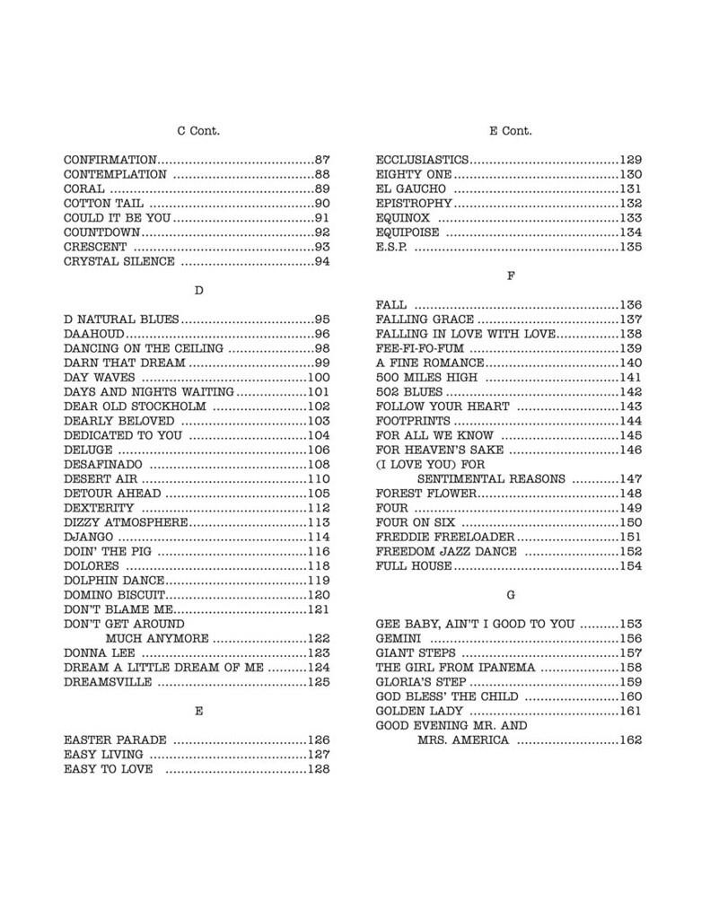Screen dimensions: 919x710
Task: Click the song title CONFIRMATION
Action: (110, 160)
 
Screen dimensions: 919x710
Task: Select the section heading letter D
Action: (198, 291)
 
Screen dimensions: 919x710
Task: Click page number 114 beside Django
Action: (319, 538)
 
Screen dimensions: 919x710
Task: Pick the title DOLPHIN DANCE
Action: (112, 581)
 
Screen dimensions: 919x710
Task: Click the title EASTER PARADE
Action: (115, 740)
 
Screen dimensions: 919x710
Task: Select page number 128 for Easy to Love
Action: (319, 769)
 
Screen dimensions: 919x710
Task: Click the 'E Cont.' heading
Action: (511, 131)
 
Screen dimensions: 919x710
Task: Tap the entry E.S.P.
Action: (391, 247)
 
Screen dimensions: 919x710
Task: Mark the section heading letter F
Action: (511, 276)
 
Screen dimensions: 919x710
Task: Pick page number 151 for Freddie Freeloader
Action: (631, 537)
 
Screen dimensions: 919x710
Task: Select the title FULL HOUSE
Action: (413, 566)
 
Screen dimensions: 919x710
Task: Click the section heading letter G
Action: (511, 595)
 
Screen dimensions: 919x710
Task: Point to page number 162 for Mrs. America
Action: (631, 740)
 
